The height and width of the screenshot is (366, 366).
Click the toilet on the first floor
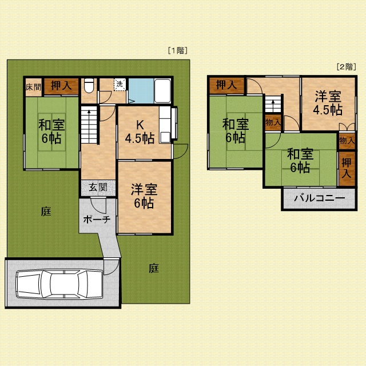click(x=89, y=85)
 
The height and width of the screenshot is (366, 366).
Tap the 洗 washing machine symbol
click(x=120, y=84)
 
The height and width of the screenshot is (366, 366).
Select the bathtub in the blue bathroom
click(x=162, y=90)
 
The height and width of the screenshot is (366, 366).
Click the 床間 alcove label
click(x=33, y=87)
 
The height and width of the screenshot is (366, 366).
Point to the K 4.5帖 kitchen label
click(x=140, y=133)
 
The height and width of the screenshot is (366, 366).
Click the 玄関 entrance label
click(x=98, y=187)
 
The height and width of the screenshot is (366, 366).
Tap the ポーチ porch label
click(x=97, y=220)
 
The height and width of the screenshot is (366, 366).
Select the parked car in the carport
click(x=59, y=285)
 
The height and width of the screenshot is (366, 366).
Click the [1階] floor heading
click(x=178, y=50)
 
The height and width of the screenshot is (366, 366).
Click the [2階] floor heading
click(x=347, y=67)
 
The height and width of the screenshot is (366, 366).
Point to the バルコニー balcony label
click(x=319, y=198)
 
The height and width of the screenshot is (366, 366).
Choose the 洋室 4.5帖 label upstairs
click(x=328, y=103)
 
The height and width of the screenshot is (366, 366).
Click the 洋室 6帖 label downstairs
click(x=144, y=196)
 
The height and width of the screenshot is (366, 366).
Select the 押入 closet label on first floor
click(x=61, y=85)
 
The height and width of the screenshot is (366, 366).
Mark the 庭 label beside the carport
click(x=154, y=268)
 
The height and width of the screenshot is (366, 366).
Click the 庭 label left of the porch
click(x=46, y=211)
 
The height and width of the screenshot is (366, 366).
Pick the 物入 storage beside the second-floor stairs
click(x=273, y=122)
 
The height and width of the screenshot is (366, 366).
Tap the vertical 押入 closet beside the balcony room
click(x=347, y=168)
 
